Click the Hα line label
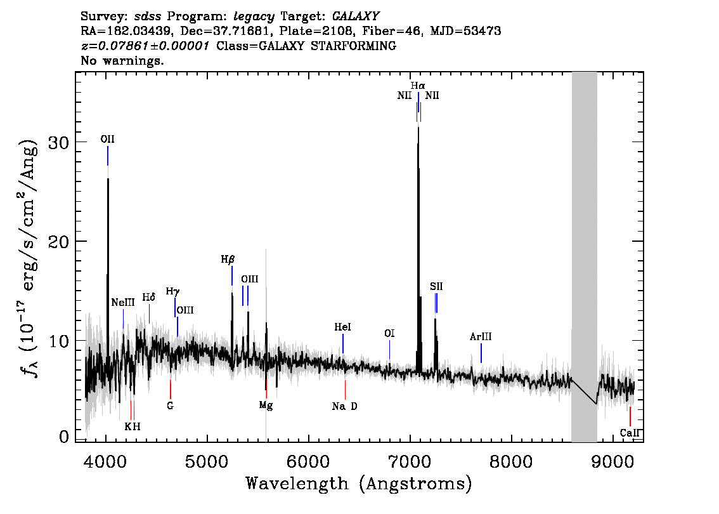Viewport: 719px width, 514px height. tap(418, 86)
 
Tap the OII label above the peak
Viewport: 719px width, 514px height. tap(107, 139)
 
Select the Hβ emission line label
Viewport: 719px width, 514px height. tap(228, 260)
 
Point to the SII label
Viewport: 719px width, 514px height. tap(436, 286)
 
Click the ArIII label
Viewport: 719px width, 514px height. tap(481, 337)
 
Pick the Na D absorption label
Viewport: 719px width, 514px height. tap(345, 406)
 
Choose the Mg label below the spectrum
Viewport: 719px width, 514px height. tap(266, 405)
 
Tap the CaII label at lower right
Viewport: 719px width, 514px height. tap(630, 433)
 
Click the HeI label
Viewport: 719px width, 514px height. tap(342, 327)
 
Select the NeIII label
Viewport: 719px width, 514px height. tap(123, 303)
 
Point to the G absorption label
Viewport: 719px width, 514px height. tap(170, 406)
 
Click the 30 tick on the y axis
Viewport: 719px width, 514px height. tap(59, 142)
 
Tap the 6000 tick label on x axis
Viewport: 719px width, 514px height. tap(309, 461)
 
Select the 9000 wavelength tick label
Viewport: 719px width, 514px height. tap(612, 461)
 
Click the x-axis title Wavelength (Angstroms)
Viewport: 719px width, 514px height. tap(359, 484)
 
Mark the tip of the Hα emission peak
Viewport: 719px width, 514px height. tap(418, 127)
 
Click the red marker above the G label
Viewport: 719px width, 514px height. tap(171, 389)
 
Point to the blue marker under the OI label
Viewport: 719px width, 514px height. tap(389, 350)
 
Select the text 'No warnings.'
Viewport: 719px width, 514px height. tap(122, 60)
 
